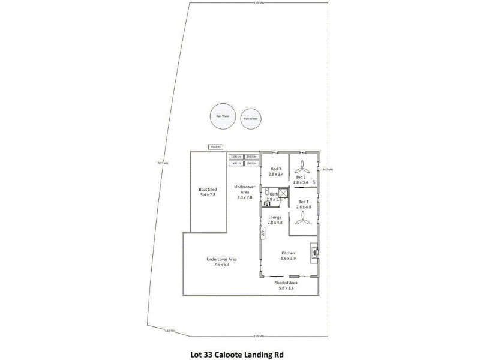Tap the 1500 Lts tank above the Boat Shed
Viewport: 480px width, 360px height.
pyautogui.click(x=215, y=147)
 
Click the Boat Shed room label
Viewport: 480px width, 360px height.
pyautogui.click(x=208, y=192)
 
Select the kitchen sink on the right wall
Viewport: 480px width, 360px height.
pyautogui.click(x=313, y=253)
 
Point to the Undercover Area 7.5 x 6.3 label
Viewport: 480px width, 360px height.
pyautogui.click(x=222, y=262)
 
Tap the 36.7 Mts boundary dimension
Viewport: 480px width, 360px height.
pyautogui.click(x=327, y=169)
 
